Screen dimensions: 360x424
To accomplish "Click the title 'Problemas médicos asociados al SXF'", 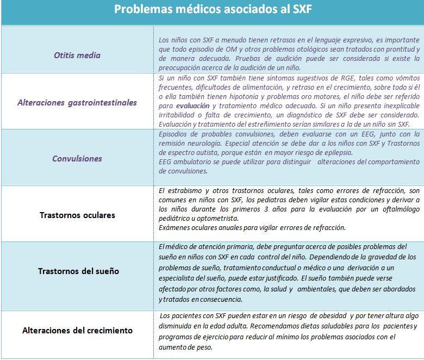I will pos(213,10).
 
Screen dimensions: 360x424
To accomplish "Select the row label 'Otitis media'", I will pos(77,55).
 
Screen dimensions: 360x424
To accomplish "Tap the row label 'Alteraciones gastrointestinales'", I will pos(77,102).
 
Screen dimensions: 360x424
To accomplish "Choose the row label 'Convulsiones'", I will pos(77,158).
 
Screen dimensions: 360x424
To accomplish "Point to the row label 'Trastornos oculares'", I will pos(77,215).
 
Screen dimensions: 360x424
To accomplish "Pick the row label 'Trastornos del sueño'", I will pos(78,271).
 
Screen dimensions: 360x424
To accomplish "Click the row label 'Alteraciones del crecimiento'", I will pos(77,330).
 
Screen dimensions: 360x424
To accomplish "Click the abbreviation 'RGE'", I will pos(333,78).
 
